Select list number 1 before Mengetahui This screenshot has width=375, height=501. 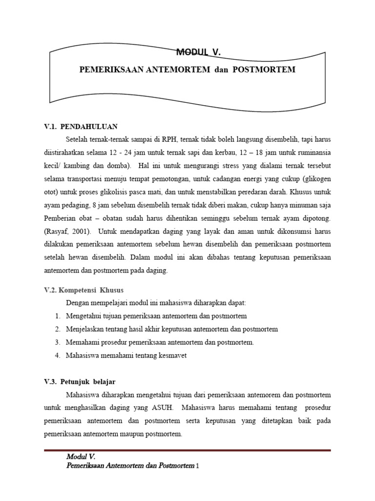click(x=57, y=316)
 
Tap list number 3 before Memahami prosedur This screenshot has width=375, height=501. click(x=57, y=342)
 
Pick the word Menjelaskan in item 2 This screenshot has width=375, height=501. click(x=84, y=329)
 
